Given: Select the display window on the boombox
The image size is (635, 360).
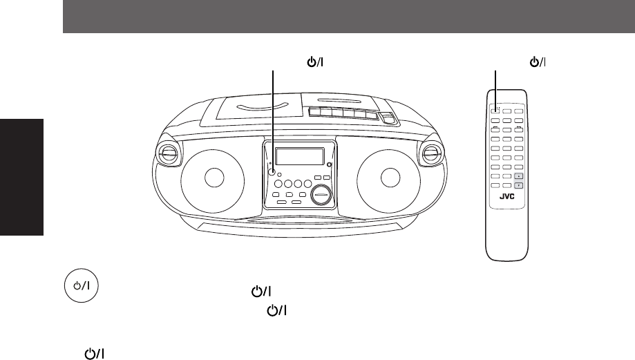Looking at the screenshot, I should [x=301, y=157].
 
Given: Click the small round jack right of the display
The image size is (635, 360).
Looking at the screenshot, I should [x=329, y=164].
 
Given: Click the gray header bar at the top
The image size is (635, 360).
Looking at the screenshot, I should [x=349, y=17].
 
